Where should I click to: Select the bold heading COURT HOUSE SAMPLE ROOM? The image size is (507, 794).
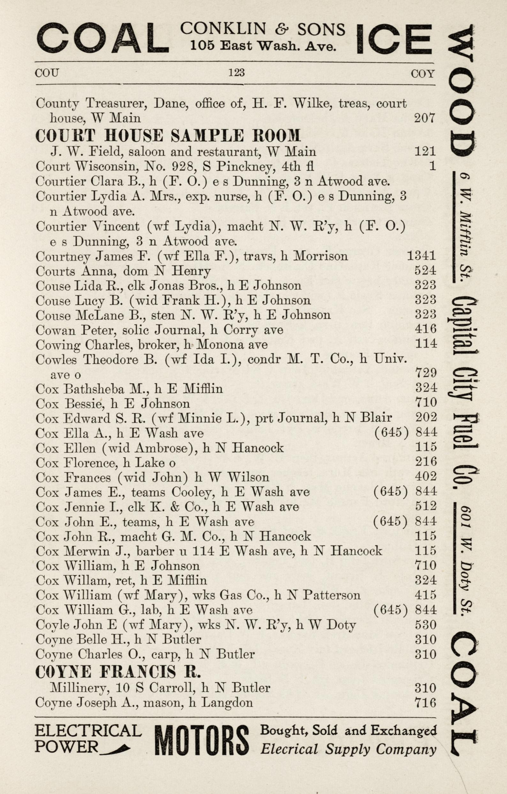point(168,136)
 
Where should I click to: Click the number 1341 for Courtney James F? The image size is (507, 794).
point(421,256)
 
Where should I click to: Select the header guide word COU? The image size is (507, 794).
point(47,72)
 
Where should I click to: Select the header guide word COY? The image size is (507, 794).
point(423,73)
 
